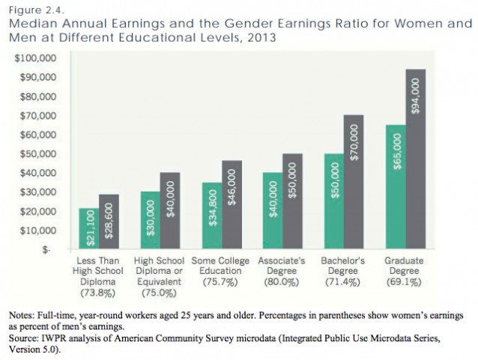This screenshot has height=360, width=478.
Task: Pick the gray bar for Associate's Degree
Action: [294, 201]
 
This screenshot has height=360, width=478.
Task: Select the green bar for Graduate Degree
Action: [395, 186]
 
